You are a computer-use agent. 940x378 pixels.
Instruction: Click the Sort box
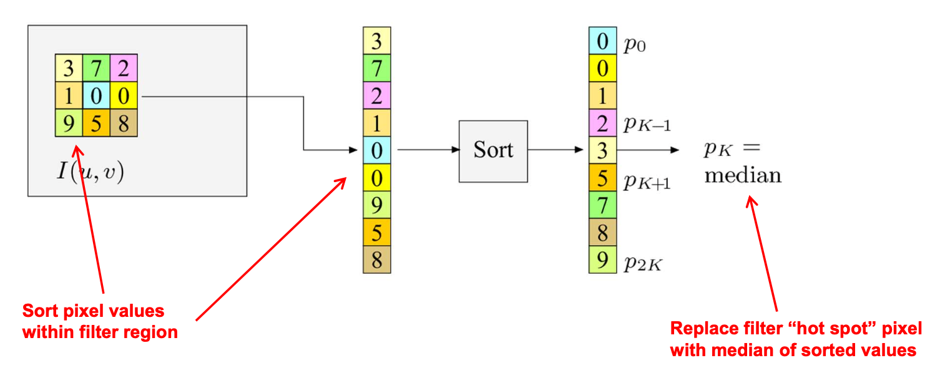493,151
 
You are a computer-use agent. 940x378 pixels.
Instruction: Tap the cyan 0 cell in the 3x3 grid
96,96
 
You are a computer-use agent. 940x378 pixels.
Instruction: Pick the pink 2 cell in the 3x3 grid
124,68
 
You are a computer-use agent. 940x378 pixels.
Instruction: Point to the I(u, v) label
91,170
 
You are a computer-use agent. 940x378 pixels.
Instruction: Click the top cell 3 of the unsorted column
376,41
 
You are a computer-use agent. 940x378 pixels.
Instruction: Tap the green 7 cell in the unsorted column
376,68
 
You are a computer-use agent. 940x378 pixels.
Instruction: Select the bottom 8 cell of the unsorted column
376,259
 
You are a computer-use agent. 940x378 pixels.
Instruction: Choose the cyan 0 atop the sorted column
602,41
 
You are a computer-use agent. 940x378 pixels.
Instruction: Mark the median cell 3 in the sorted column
602,151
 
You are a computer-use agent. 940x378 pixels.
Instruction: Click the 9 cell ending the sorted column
602,259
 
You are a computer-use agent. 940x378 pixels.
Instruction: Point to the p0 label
634,45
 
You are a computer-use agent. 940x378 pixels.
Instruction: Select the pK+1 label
647,182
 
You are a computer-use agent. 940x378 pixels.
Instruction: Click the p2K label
643,264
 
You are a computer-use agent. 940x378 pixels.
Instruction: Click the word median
743,175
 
